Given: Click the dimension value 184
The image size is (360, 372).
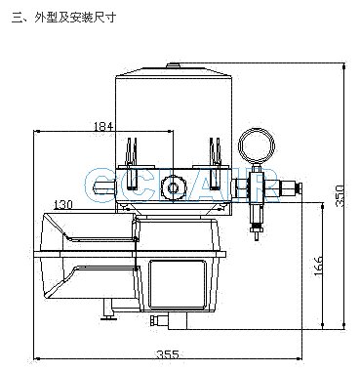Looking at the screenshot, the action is point(103,126).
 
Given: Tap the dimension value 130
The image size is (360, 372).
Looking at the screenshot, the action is point(63,204).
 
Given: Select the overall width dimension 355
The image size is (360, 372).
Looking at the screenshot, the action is point(168,354).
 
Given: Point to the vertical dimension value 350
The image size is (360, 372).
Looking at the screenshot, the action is point(340,195).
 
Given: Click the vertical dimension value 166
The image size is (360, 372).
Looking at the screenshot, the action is point(319,267).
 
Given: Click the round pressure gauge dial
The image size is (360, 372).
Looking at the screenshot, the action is point(257,146).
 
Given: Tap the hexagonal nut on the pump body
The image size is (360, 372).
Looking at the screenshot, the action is point(172,187).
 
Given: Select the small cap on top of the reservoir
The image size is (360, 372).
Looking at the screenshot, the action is point(175,65).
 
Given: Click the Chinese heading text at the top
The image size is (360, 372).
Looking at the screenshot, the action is point(63,17).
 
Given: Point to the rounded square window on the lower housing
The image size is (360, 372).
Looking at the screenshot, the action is point(178,284).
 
